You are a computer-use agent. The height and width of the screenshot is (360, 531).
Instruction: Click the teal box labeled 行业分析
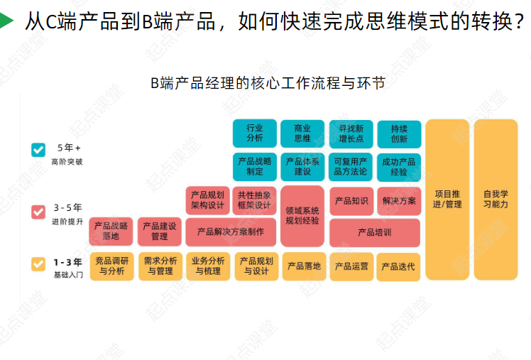(x=255, y=133)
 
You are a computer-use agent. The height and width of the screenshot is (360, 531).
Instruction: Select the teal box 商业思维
(x=302, y=133)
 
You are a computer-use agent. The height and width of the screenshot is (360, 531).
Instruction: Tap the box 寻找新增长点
(x=351, y=133)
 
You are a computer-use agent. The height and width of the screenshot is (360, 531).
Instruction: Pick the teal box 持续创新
(x=399, y=133)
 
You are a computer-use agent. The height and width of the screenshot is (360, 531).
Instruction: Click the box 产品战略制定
(x=255, y=167)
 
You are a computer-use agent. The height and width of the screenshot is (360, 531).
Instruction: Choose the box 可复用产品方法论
(x=351, y=167)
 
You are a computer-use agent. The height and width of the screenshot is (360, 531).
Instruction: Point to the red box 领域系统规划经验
(x=302, y=216)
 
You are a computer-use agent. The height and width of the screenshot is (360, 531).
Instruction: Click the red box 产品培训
(x=374, y=232)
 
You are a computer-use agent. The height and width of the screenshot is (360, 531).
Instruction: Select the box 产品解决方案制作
(x=231, y=232)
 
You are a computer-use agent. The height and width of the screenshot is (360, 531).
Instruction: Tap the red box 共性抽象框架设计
(x=255, y=200)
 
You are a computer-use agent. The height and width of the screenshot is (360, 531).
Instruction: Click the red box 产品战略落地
(x=111, y=231)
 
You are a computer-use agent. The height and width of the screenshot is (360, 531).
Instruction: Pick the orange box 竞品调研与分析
(x=111, y=266)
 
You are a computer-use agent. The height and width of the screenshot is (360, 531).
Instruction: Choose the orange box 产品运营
(x=351, y=266)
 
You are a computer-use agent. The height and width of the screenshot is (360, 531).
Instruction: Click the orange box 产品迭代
(x=399, y=266)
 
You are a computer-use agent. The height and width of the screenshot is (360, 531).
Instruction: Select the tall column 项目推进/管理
(x=448, y=199)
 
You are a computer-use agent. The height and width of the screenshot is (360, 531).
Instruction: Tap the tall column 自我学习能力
(x=496, y=199)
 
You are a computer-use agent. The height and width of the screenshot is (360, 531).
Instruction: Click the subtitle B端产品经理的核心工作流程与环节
(x=268, y=83)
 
